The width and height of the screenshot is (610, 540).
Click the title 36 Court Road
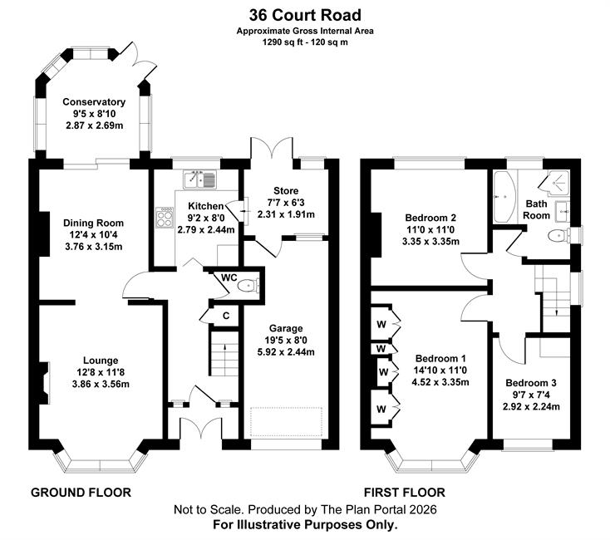[304, 14]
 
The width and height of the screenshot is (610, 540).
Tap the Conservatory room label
[94, 102]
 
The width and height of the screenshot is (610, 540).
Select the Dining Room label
[94, 223]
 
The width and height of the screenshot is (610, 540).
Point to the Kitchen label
[205, 206]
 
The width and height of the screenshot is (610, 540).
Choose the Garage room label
[286, 328]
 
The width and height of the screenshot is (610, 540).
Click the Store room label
[285, 190]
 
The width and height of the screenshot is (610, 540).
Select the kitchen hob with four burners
[160, 218]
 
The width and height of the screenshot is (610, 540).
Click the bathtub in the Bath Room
[503, 197]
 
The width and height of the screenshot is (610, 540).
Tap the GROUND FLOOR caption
[81, 492]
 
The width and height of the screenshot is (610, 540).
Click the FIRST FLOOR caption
[404, 492]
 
